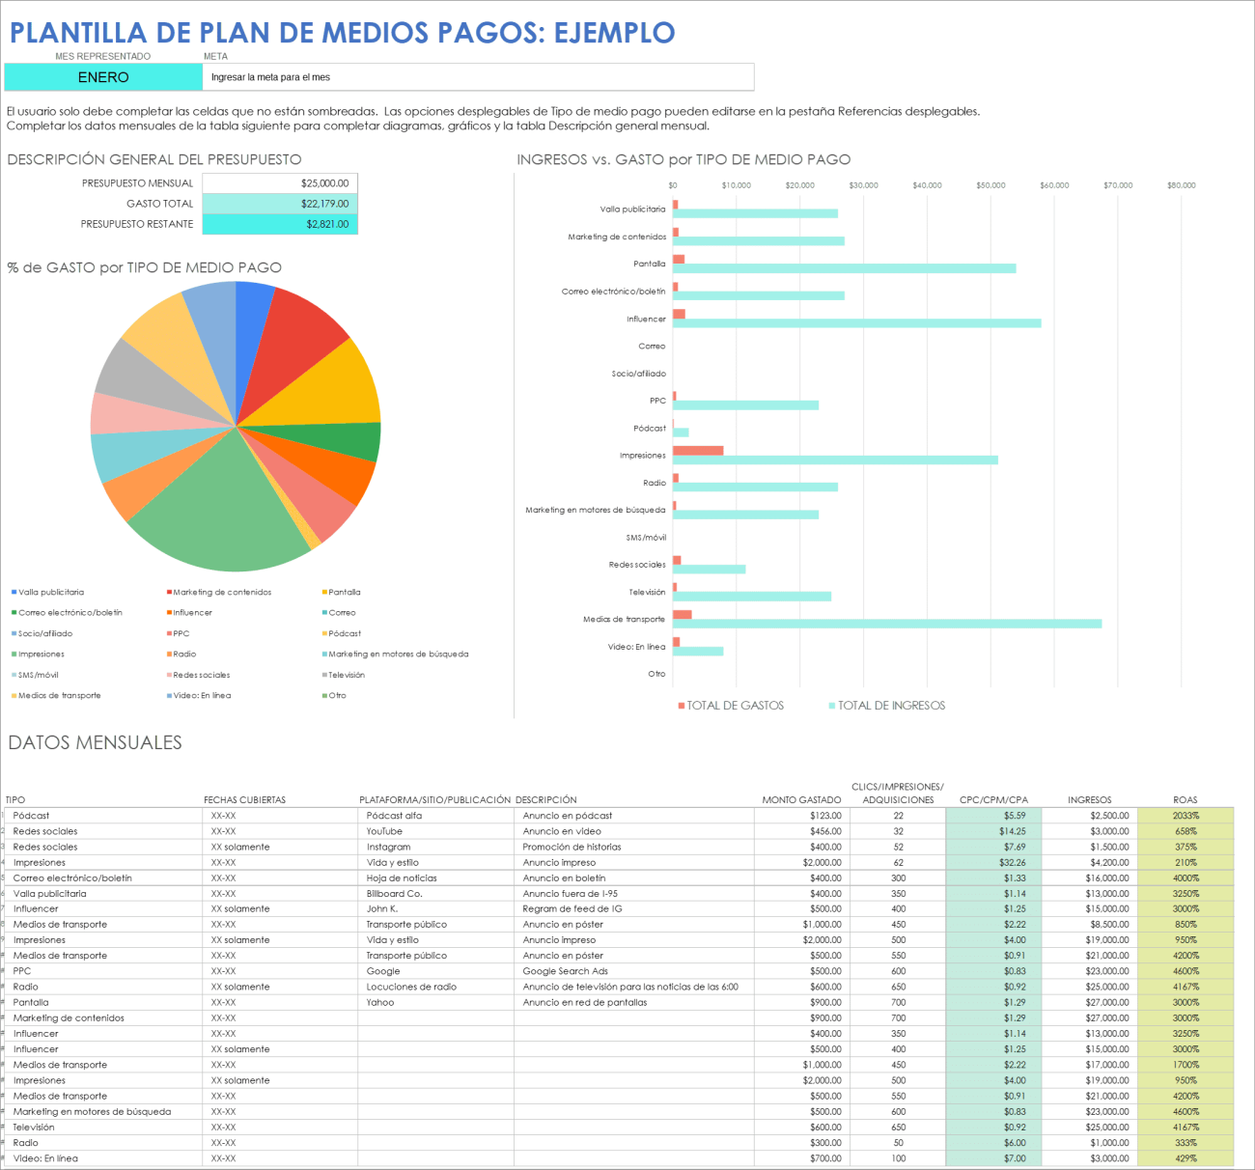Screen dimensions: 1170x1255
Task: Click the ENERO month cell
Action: click(x=103, y=77)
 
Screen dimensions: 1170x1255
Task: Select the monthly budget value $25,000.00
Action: click(x=324, y=183)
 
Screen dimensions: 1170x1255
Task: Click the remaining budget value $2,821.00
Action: click(x=327, y=224)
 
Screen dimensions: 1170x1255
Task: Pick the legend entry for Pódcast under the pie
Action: click(x=345, y=633)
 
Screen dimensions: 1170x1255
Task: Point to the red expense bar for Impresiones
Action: click(x=698, y=451)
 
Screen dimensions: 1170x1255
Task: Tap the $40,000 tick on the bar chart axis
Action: click(x=927, y=185)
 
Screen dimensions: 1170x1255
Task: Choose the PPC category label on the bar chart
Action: click(x=657, y=401)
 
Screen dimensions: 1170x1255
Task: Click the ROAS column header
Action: click(x=1185, y=800)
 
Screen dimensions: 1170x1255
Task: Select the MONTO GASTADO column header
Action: click(x=801, y=800)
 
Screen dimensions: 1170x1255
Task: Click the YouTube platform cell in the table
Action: click(x=384, y=831)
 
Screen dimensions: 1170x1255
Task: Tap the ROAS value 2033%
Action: click(x=1185, y=816)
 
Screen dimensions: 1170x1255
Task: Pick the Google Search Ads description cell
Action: click(x=566, y=971)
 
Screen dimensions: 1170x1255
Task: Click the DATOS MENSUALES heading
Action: click(x=95, y=742)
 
